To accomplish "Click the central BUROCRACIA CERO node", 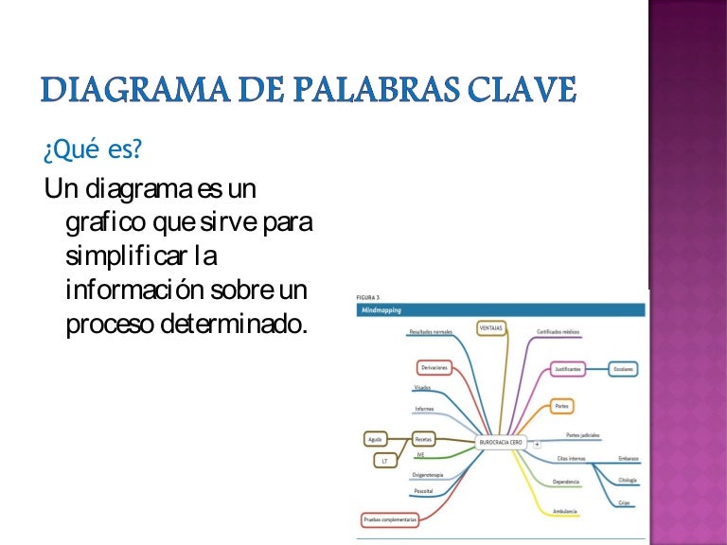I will pos(502,442).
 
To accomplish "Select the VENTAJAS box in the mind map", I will pos(490,327).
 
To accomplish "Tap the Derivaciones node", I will pos(434,367).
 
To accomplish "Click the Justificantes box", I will pos(568,368).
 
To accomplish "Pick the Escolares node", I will pos(624,368).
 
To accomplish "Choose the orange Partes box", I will pos(562,406).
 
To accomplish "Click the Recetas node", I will pos(423,440).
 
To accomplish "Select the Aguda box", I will pos(376,440).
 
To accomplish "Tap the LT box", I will pos(383,461).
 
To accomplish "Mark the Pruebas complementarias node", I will pos(389,519).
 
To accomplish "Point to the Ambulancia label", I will pos(566,511).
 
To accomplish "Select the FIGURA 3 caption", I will pos(368,296).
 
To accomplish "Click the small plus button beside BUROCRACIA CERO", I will pos(537,443).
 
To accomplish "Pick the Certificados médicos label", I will pos(558,332).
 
